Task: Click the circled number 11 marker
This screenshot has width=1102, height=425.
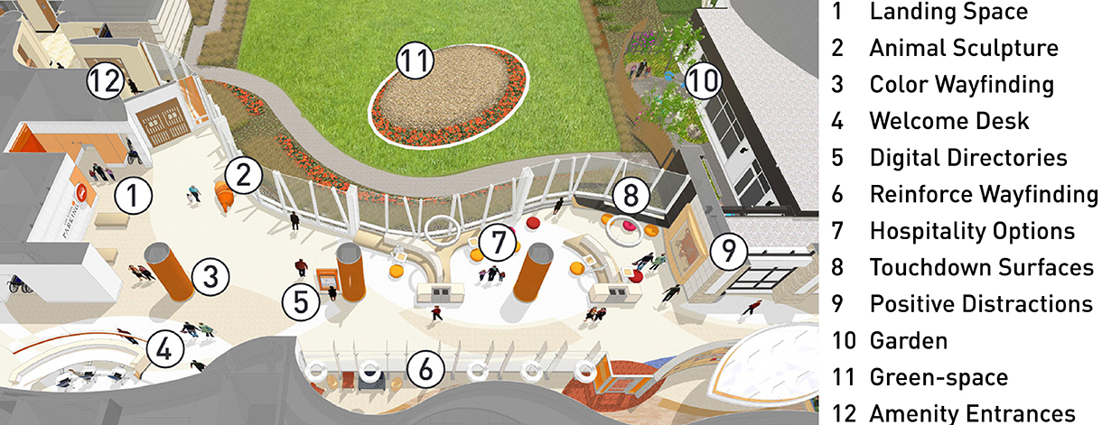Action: click(x=416, y=60)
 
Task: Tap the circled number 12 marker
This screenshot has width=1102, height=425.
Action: click(x=105, y=80)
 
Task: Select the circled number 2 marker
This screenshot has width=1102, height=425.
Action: click(x=244, y=175)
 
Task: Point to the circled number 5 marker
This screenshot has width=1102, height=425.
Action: click(x=301, y=301)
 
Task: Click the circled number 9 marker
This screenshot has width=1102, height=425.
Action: click(x=729, y=251)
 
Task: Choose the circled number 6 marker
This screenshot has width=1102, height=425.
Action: click(x=425, y=369)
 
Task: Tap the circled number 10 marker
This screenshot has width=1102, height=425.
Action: click(x=703, y=80)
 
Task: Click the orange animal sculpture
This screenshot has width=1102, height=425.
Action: click(x=225, y=196)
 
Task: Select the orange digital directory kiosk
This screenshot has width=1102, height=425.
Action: click(x=327, y=282)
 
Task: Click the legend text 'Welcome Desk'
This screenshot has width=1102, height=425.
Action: click(x=949, y=121)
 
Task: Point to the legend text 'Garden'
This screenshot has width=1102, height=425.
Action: click(x=908, y=340)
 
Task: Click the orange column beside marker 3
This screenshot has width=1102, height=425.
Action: click(x=169, y=271)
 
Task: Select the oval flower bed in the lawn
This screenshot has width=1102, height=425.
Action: click(x=449, y=96)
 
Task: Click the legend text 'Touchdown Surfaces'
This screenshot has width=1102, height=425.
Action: click(x=982, y=268)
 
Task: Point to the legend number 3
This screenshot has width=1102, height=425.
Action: click(x=837, y=85)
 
